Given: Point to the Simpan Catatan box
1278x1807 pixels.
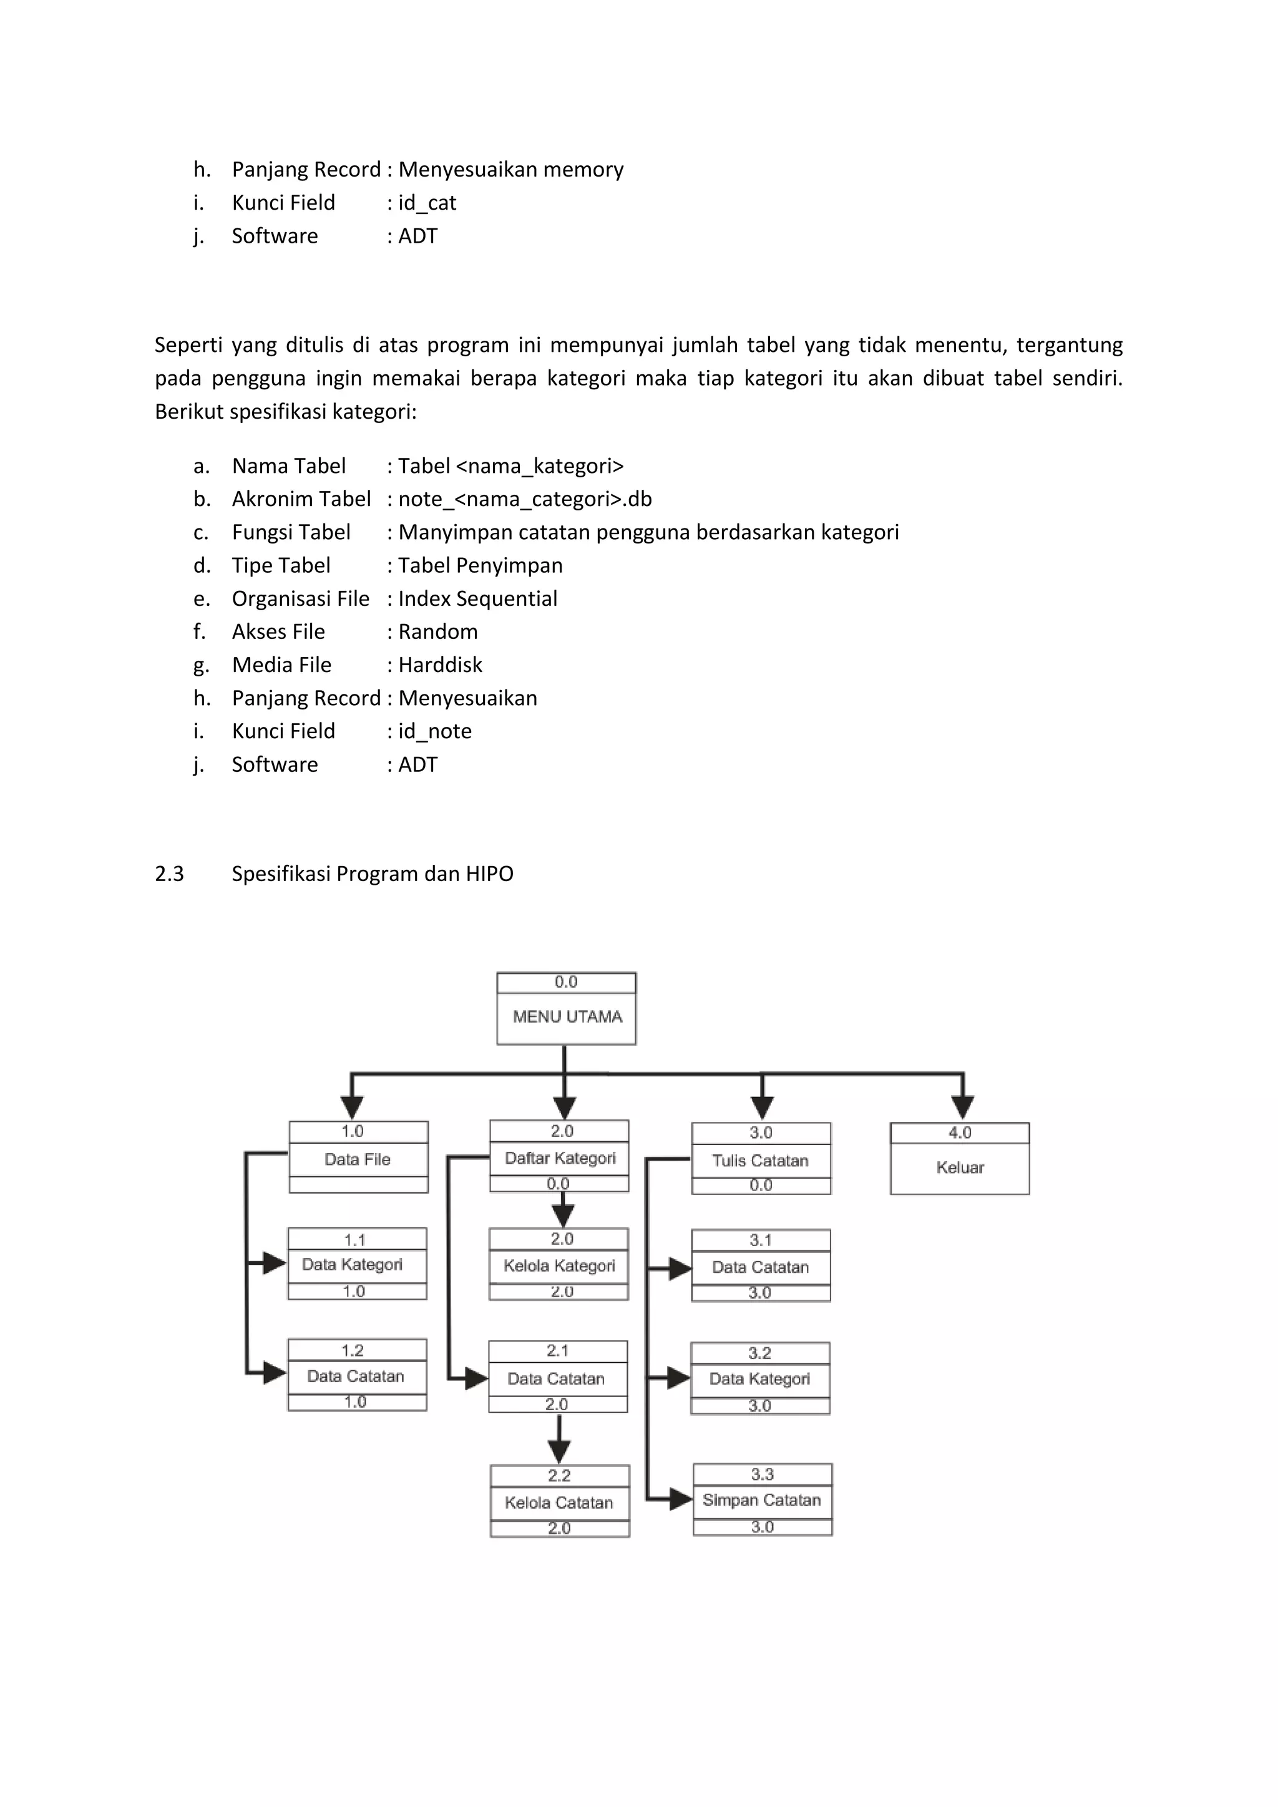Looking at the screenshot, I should tap(762, 1499).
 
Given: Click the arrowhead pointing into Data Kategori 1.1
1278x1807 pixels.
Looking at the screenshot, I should tap(274, 1263).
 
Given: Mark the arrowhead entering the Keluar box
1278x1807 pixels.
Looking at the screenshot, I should tap(962, 1106).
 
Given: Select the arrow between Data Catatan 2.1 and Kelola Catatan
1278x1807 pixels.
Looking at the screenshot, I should tap(559, 1439).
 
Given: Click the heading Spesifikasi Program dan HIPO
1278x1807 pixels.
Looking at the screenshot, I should tap(372, 874).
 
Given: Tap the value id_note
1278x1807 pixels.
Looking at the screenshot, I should tap(434, 731).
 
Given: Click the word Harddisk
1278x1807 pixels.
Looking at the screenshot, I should tap(440, 665).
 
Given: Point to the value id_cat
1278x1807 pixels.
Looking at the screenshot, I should tap(427, 203).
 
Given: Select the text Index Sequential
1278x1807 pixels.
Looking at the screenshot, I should tap(477, 599).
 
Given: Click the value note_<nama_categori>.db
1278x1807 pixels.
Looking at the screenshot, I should tap(525, 499).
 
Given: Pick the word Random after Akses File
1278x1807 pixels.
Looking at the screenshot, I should tap(437, 632).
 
